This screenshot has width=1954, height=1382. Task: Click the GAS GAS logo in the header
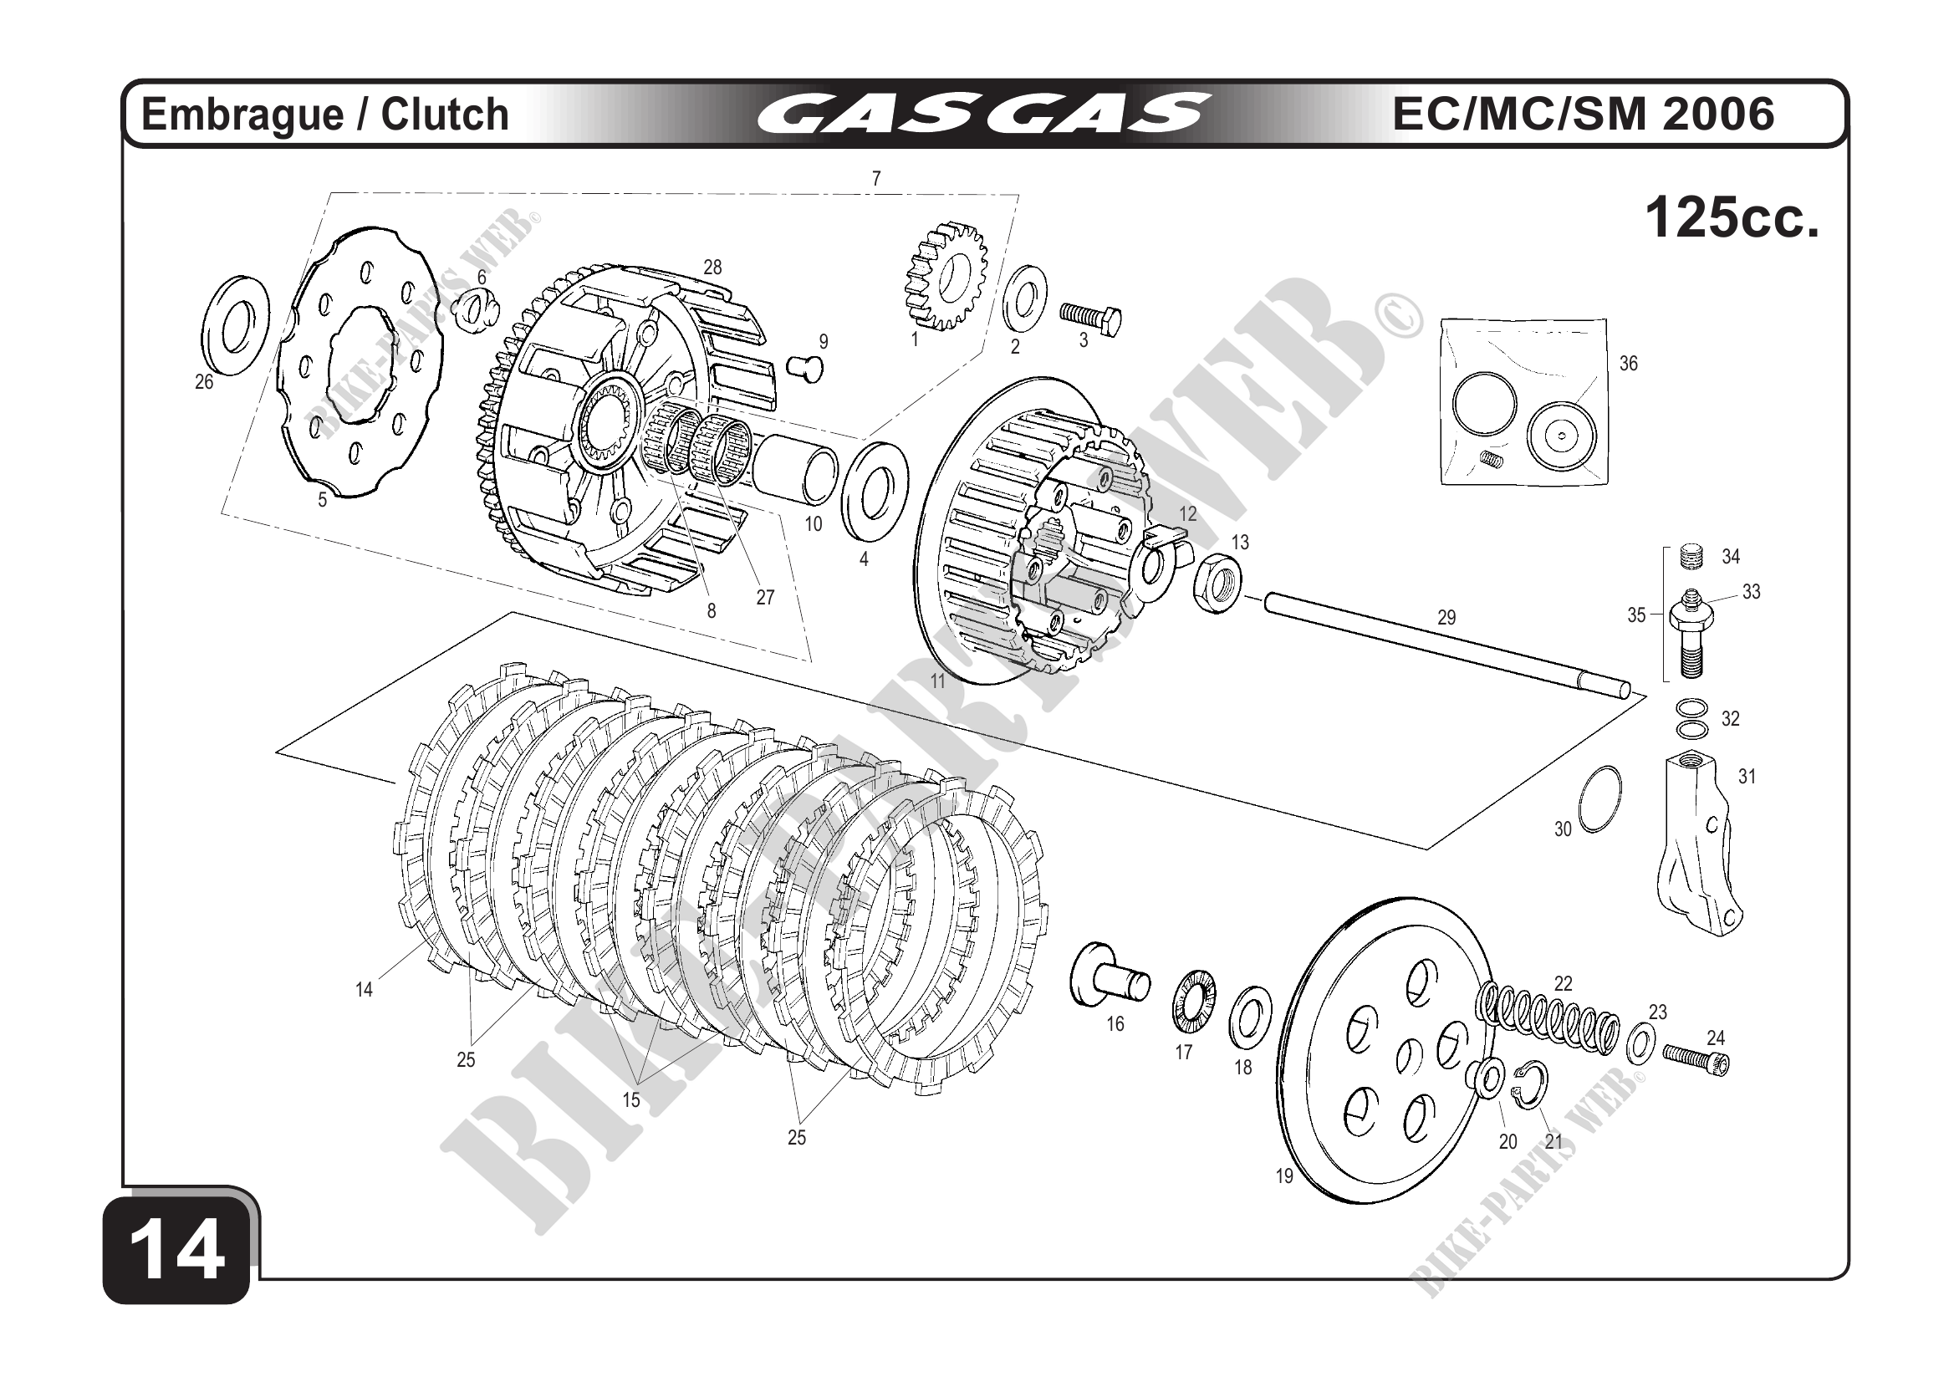pyautogui.click(x=983, y=114)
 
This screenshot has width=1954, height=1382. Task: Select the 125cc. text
pyautogui.click(x=1731, y=219)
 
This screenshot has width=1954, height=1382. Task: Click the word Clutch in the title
pyautogui.click(x=444, y=115)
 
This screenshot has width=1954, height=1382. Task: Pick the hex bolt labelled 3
pyautogui.click(x=1092, y=319)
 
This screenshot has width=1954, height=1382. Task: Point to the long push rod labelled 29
pyautogui.click(x=1446, y=647)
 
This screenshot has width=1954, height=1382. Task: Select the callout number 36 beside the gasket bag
pyautogui.click(x=1628, y=364)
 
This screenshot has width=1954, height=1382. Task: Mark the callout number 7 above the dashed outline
pyautogui.click(x=875, y=179)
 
